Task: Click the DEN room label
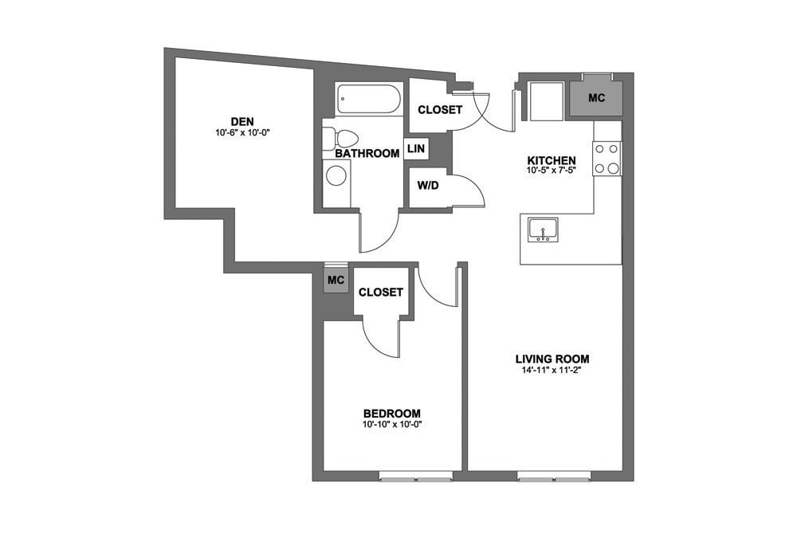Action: (241, 121)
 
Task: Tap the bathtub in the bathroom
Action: (368, 100)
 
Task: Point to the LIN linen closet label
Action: (415, 149)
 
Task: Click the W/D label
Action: (428, 186)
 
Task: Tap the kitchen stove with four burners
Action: (607, 158)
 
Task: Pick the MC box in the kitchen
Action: (596, 98)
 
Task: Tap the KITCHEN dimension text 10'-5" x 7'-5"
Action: (551, 171)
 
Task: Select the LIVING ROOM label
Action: (552, 359)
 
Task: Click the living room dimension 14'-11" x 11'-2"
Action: (552, 370)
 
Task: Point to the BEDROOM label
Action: (391, 413)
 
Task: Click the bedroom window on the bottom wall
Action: (415, 478)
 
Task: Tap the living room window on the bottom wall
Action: (554, 478)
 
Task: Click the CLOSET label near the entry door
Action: (440, 110)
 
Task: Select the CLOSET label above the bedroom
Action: (380, 293)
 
